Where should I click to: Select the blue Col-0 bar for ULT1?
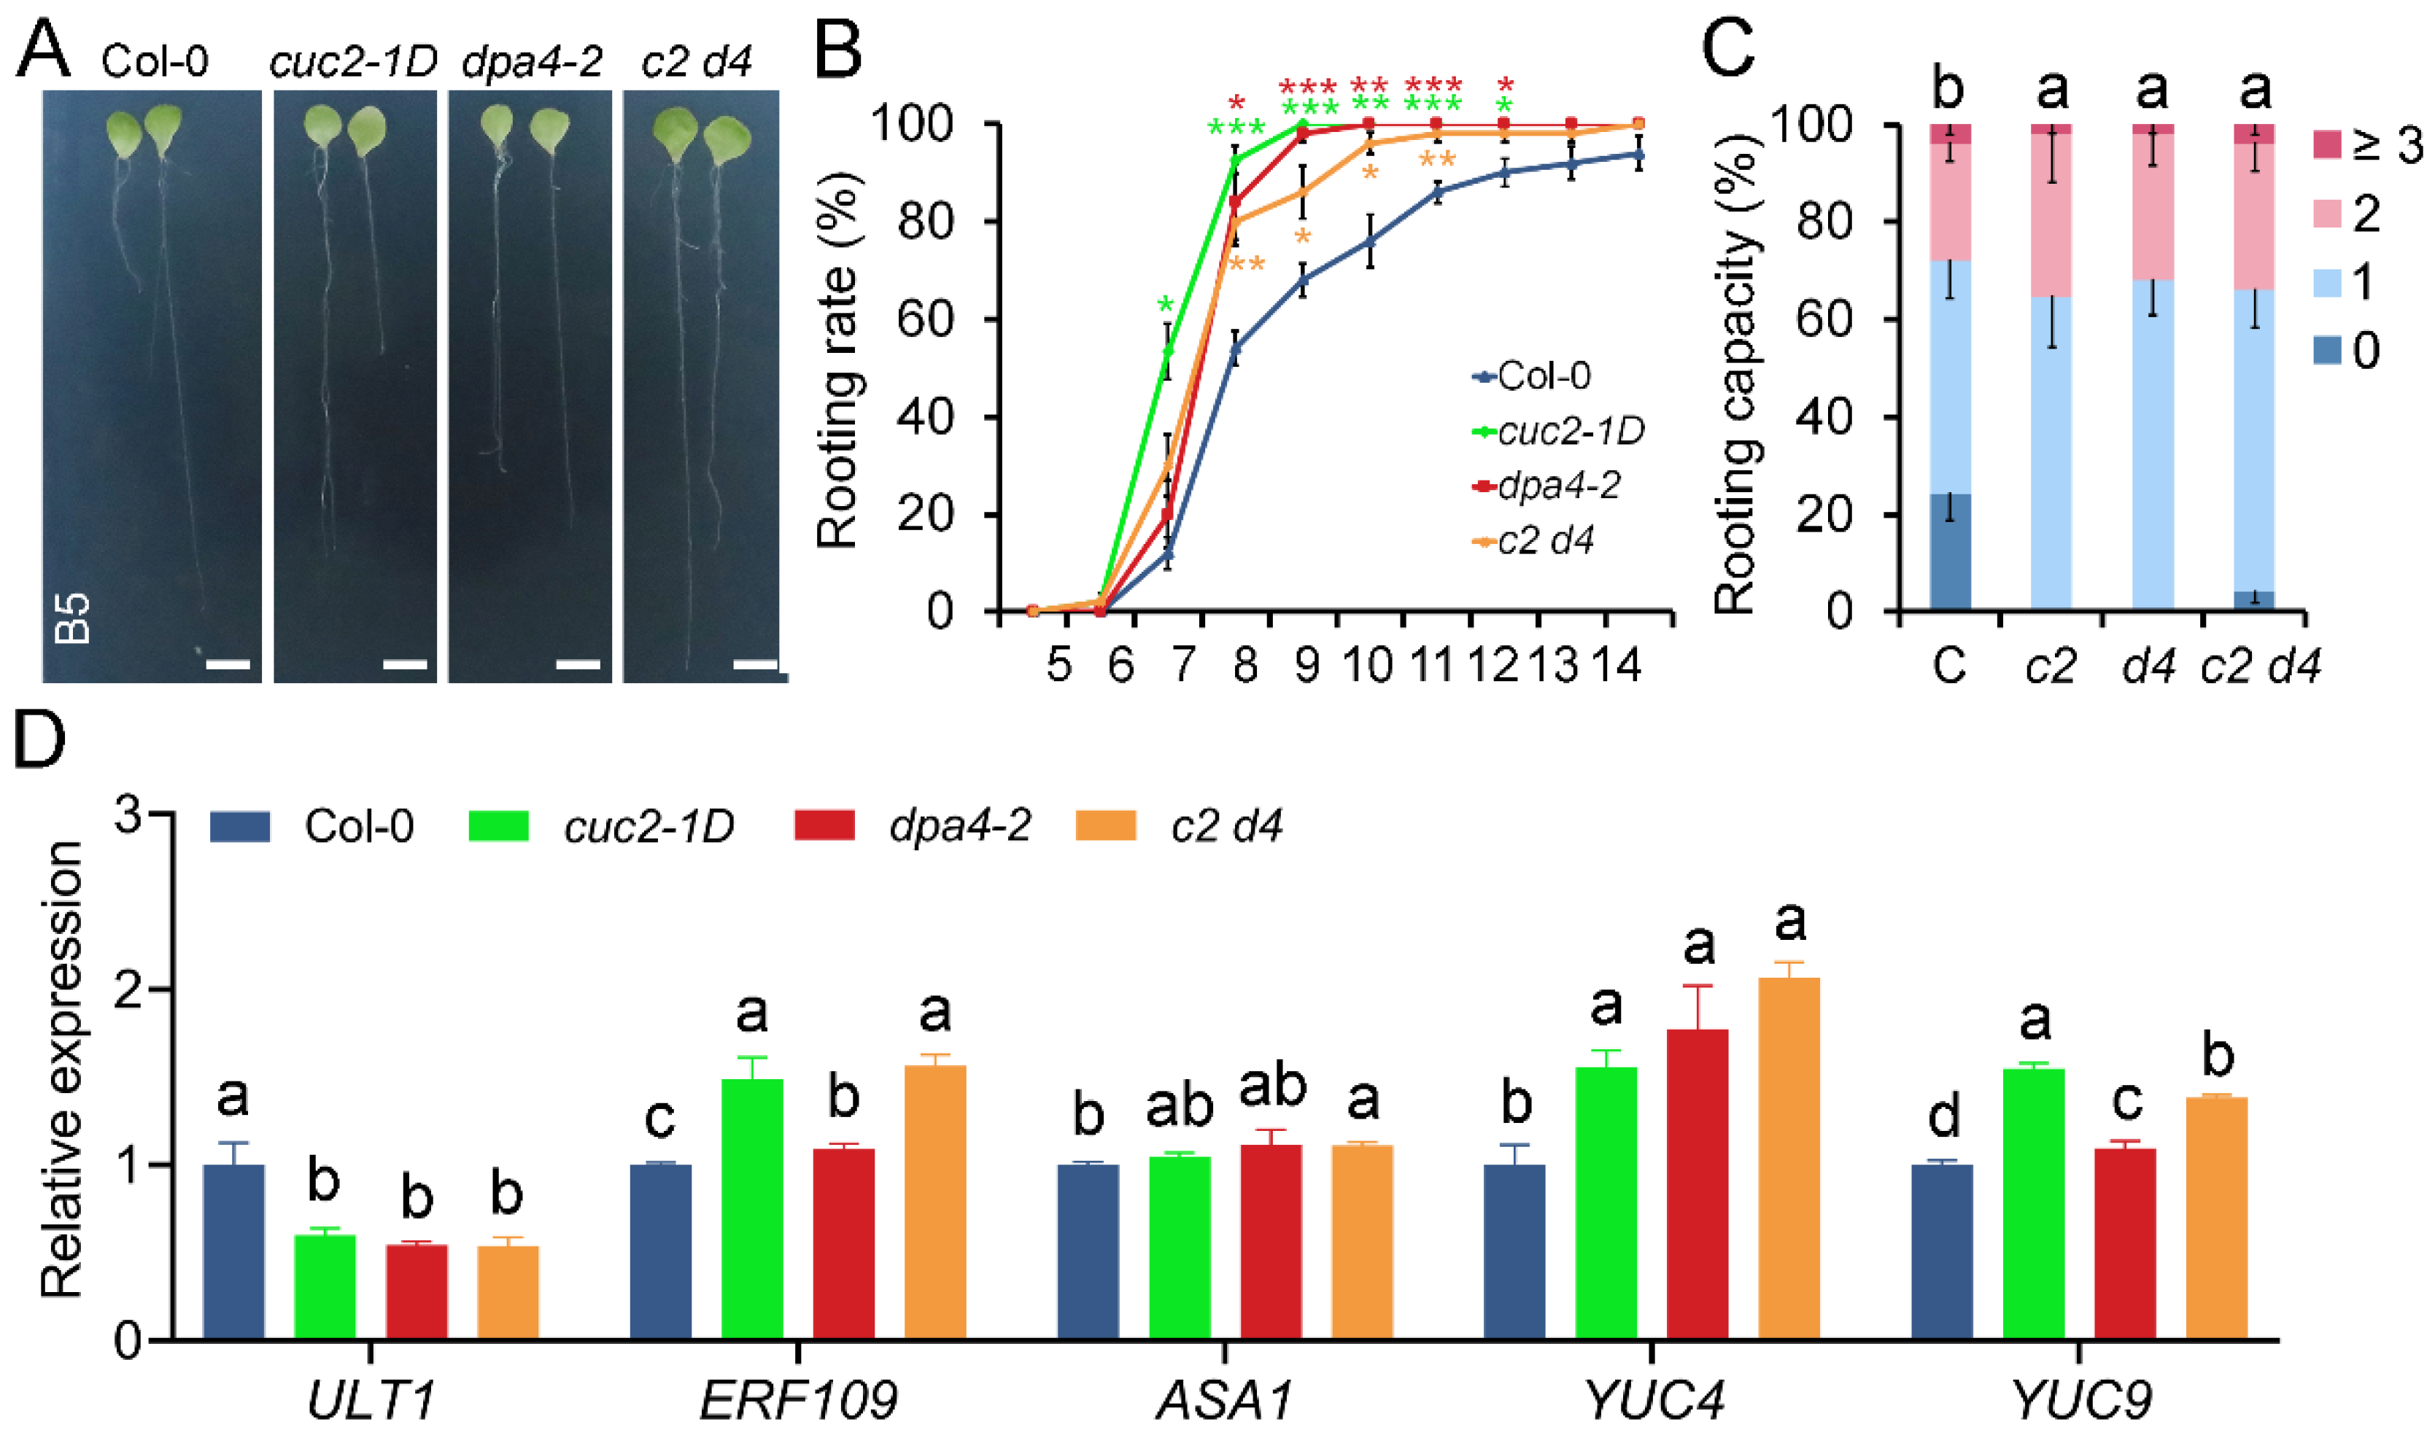(x=233, y=1251)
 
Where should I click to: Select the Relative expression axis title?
(x=62, y=1068)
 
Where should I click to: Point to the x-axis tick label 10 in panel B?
(x=1368, y=665)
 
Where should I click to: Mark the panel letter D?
(x=39, y=740)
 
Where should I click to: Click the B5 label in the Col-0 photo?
(x=74, y=619)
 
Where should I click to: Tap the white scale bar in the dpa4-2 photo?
(x=578, y=664)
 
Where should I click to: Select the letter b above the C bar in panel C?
(x=1948, y=88)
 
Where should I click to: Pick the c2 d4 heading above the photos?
(x=696, y=62)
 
